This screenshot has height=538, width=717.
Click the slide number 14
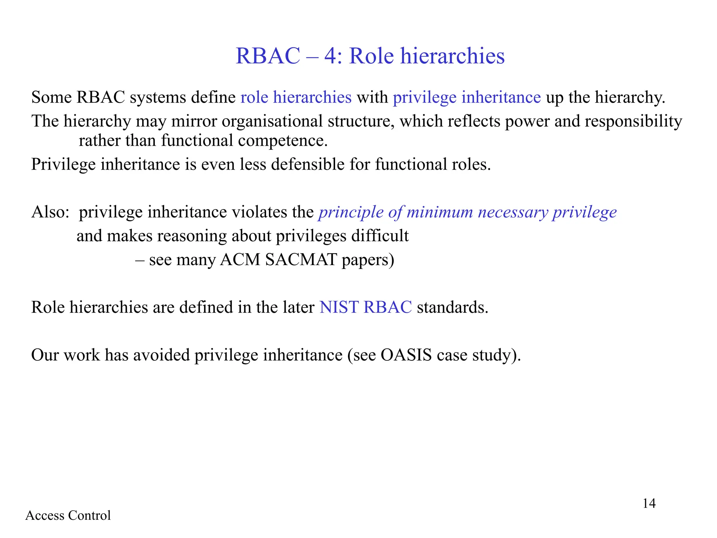(649, 503)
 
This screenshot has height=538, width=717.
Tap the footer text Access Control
(68, 515)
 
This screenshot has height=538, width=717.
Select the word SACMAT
(301, 260)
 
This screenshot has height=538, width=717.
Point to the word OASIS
(406, 355)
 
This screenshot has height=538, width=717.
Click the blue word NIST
(339, 307)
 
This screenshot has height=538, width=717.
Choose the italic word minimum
(440, 212)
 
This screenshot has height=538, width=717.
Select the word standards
(452, 307)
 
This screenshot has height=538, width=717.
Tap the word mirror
(194, 121)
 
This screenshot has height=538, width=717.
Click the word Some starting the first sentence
(51, 97)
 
